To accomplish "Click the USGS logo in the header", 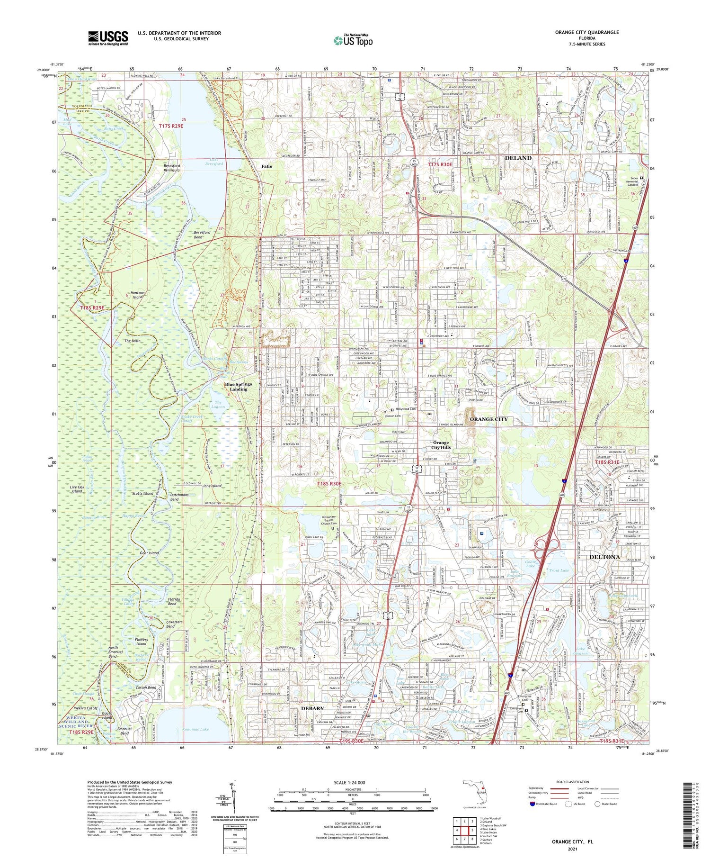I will pyautogui.click(x=107, y=38).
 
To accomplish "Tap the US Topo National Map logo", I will pyautogui.click(x=353, y=40).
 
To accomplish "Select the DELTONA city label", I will pyautogui.click(x=604, y=557).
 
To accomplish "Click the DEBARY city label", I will pyautogui.click(x=312, y=708).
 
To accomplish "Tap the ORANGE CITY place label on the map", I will pyautogui.click(x=488, y=419).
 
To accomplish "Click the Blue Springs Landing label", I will pyautogui.click(x=239, y=387).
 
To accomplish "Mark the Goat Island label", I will pyautogui.click(x=149, y=553).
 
